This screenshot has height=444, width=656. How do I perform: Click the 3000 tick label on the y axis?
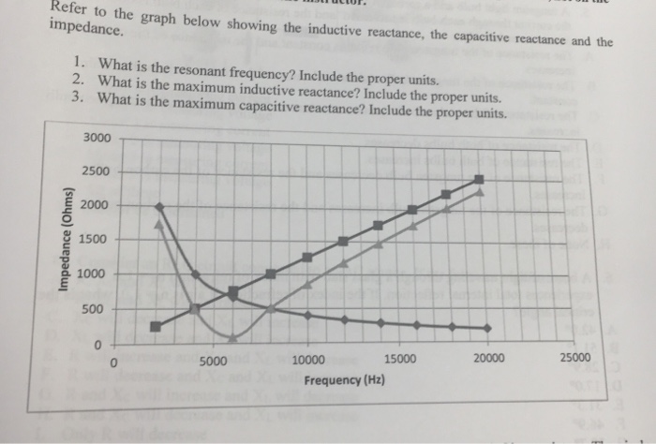[97, 138]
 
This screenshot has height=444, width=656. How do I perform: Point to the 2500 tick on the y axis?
[97, 171]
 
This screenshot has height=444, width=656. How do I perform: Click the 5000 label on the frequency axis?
[213, 360]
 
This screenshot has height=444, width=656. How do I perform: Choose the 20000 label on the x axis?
[488, 358]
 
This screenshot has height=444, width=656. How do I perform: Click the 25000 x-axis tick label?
[574, 357]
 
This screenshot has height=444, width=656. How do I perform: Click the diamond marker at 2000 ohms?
[157, 206]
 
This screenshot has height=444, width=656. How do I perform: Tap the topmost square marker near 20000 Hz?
[479, 179]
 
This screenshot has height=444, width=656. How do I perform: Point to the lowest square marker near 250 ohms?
[156, 326]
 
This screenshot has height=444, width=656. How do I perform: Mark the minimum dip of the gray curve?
[231, 336]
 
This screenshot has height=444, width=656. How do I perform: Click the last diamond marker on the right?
[487, 328]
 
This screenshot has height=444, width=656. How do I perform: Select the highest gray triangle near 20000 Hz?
[480, 192]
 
